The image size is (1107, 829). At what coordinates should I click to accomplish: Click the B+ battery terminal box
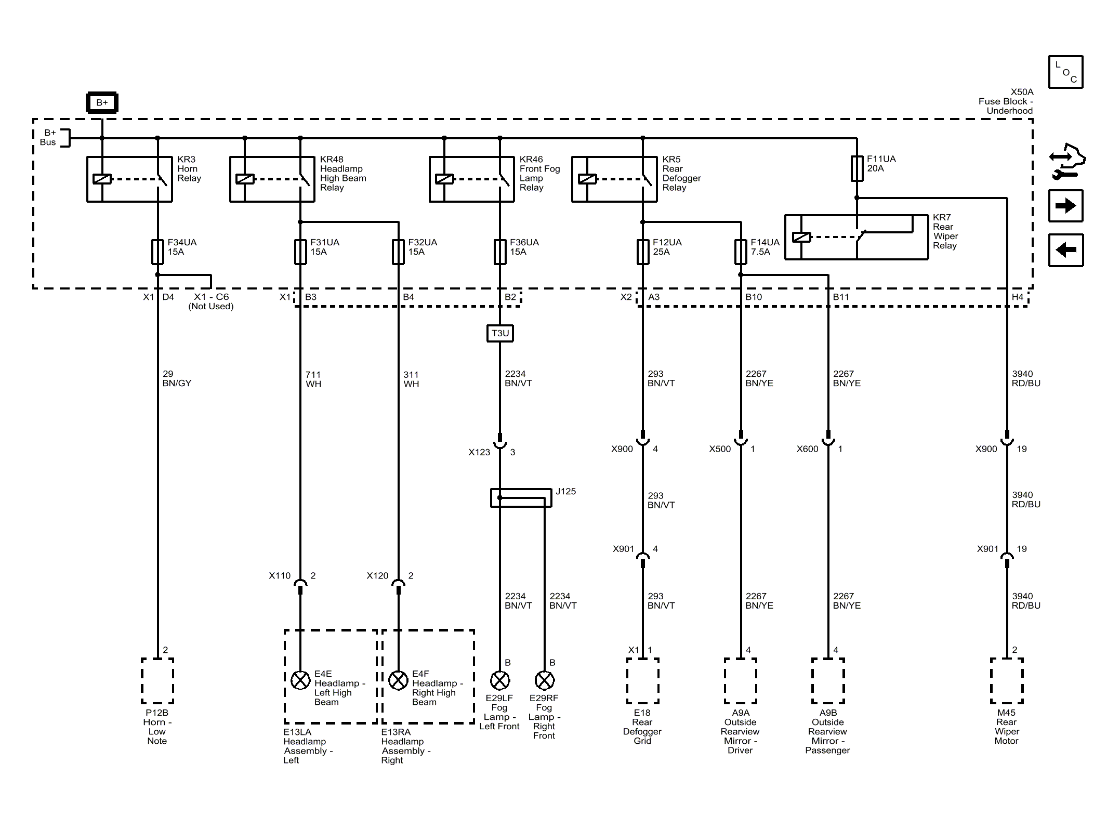pyautogui.click(x=102, y=103)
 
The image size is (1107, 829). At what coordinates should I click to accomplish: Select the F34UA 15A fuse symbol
pyautogui.click(x=157, y=252)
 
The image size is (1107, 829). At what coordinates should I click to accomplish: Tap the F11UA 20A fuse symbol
pyautogui.click(x=857, y=168)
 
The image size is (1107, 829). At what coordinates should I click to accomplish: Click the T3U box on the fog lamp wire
pyautogui.click(x=500, y=333)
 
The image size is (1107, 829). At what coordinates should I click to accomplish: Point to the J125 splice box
pyautogui.click(x=521, y=497)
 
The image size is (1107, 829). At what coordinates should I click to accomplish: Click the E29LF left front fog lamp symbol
pyautogui.click(x=500, y=680)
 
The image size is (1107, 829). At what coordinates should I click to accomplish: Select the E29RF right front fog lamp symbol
pyautogui.click(x=545, y=680)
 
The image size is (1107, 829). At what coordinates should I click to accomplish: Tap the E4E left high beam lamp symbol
pyautogui.click(x=300, y=680)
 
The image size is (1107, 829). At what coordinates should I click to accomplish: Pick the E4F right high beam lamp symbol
pyautogui.click(x=399, y=680)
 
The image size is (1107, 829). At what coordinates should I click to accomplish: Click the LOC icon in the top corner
pyautogui.click(x=1065, y=72)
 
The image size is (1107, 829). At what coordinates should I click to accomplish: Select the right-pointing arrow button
pyautogui.click(x=1065, y=206)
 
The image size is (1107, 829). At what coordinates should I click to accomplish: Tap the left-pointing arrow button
pyautogui.click(x=1065, y=250)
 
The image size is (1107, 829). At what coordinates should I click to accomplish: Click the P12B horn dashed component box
pyautogui.click(x=157, y=681)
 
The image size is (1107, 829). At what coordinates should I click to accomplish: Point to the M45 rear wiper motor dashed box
pyautogui.click(x=1007, y=681)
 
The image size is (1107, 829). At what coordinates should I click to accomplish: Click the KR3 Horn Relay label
pyautogui.click(x=189, y=169)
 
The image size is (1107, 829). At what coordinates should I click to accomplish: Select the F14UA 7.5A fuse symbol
pyautogui.click(x=741, y=252)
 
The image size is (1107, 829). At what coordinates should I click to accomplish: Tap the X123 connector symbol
pyautogui.click(x=500, y=443)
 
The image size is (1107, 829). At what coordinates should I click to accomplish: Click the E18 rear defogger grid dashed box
pyautogui.click(x=643, y=681)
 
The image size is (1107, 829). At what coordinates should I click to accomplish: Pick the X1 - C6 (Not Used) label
pyautogui.click(x=211, y=301)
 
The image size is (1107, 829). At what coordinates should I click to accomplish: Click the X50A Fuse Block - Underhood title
pyautogui.click(x=1006, y=101)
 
